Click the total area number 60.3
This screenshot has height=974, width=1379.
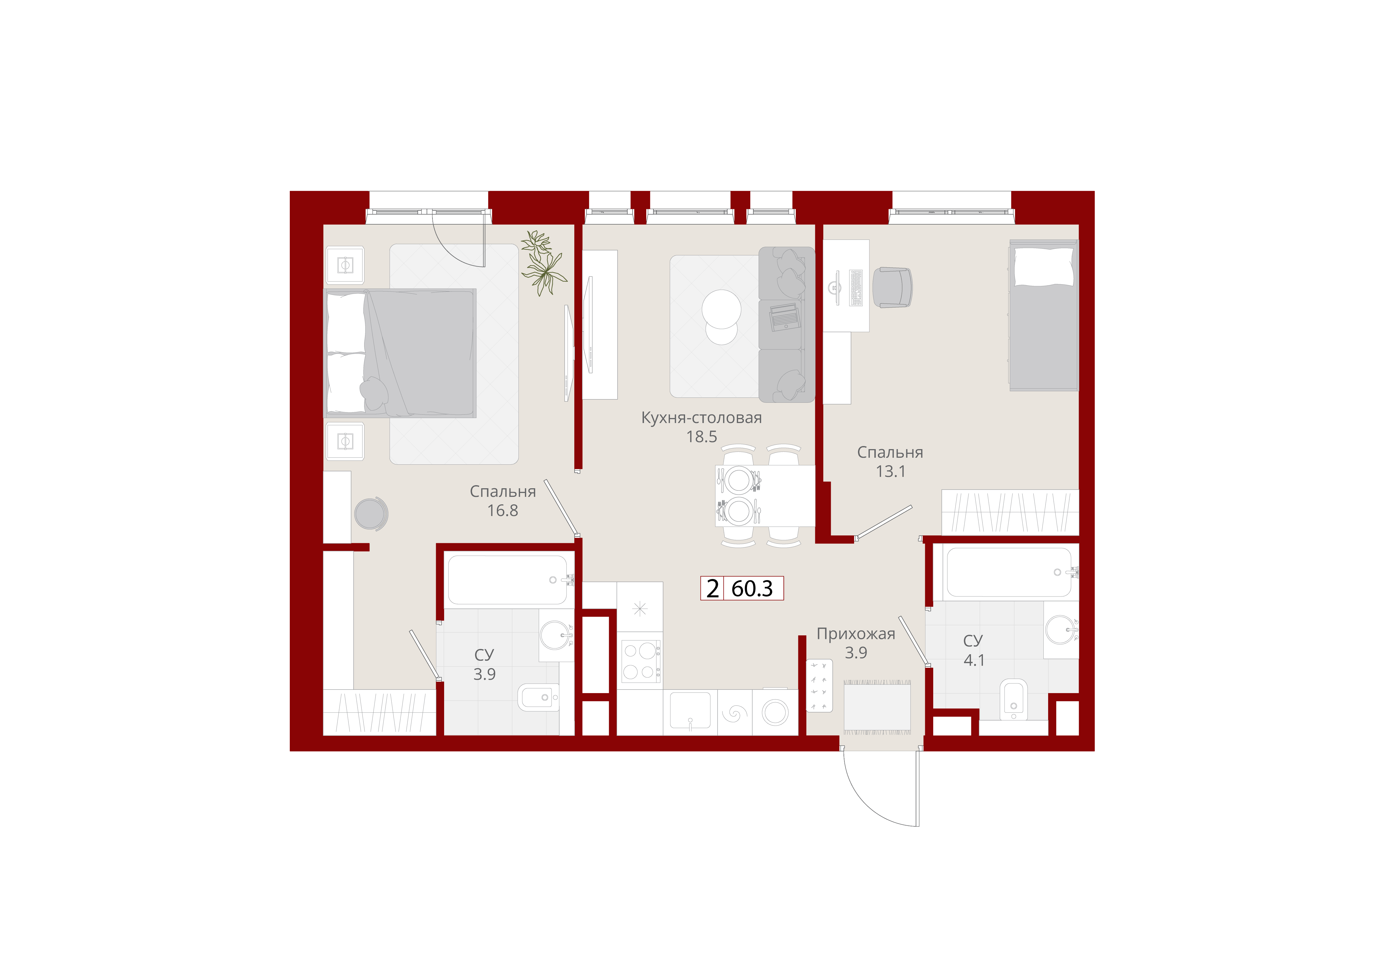coord(752,588)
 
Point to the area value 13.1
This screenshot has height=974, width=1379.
coord(890,471)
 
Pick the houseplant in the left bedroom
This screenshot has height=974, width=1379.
coord(543,263)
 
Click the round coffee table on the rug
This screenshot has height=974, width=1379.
coord(721,316)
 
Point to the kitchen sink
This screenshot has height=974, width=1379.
coord(690,711)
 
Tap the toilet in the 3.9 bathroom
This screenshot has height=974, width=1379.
coord(539,697)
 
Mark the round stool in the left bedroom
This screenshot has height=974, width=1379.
coord(371,514)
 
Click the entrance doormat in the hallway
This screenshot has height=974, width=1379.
coord(877,707)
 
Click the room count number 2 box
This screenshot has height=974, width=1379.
coord(712,588)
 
